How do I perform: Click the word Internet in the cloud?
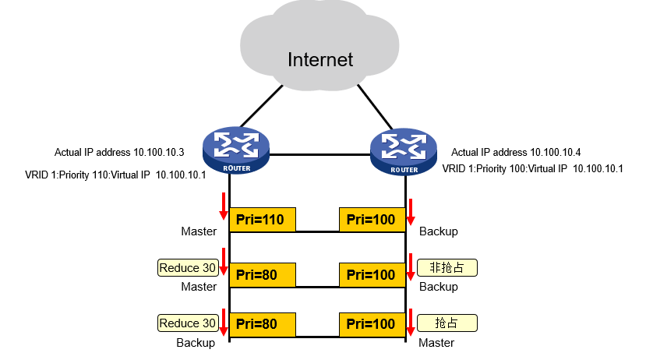coord(320,59)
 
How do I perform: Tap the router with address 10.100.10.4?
coord(405,150)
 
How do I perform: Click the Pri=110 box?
coord(263,220)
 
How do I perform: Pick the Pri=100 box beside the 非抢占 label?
coord(372,274)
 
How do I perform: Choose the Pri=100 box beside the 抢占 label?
coord(372,323)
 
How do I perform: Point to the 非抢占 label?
coord(447,267)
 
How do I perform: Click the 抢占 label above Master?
coord(447,322)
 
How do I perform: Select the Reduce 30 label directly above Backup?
coord(188,323)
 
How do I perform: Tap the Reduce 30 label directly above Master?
coord(188,268)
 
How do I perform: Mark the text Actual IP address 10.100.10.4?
coord(517,152)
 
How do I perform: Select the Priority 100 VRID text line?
coord(533,168)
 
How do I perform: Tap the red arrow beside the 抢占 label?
coord(410,322)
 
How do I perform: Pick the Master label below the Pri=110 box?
coord(199,231)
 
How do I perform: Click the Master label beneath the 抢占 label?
coord(436,342)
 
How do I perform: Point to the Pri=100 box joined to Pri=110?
coord(372,220)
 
